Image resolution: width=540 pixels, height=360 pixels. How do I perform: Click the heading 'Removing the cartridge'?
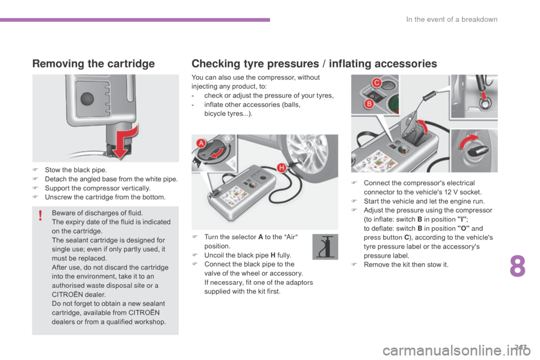coord(93,64)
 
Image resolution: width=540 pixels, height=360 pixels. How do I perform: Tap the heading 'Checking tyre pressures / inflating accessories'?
coord(314,64)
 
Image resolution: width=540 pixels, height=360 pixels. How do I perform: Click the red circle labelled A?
coord(201,143)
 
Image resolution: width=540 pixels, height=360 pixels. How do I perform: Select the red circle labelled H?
coord(282,168)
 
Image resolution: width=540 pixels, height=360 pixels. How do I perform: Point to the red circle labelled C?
coord(376,83)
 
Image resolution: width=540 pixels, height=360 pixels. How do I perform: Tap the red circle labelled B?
coord(369,103)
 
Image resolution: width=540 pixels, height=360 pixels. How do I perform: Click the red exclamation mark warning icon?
coord(40,215)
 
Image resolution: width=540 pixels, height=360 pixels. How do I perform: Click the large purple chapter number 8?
coord(517,266)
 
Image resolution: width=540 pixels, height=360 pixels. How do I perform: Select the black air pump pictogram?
coord(325,247)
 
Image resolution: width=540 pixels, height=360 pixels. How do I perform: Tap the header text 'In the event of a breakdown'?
coord(452,19)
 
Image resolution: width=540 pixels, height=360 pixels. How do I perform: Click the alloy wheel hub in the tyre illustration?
coord(305,151)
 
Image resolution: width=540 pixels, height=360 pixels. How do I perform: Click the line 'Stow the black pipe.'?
coord(76,170)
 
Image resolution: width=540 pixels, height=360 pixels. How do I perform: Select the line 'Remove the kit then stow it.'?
coord(406,264)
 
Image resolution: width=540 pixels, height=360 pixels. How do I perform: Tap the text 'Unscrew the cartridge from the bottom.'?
coord(105,197)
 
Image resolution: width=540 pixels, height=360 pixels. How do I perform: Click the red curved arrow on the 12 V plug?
coord(469,141)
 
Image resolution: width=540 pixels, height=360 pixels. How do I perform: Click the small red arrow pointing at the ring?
coord(484,94)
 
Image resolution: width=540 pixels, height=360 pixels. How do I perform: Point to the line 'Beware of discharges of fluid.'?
coord(97,213)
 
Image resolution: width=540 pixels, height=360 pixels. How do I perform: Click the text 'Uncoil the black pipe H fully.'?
coord(247,255)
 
